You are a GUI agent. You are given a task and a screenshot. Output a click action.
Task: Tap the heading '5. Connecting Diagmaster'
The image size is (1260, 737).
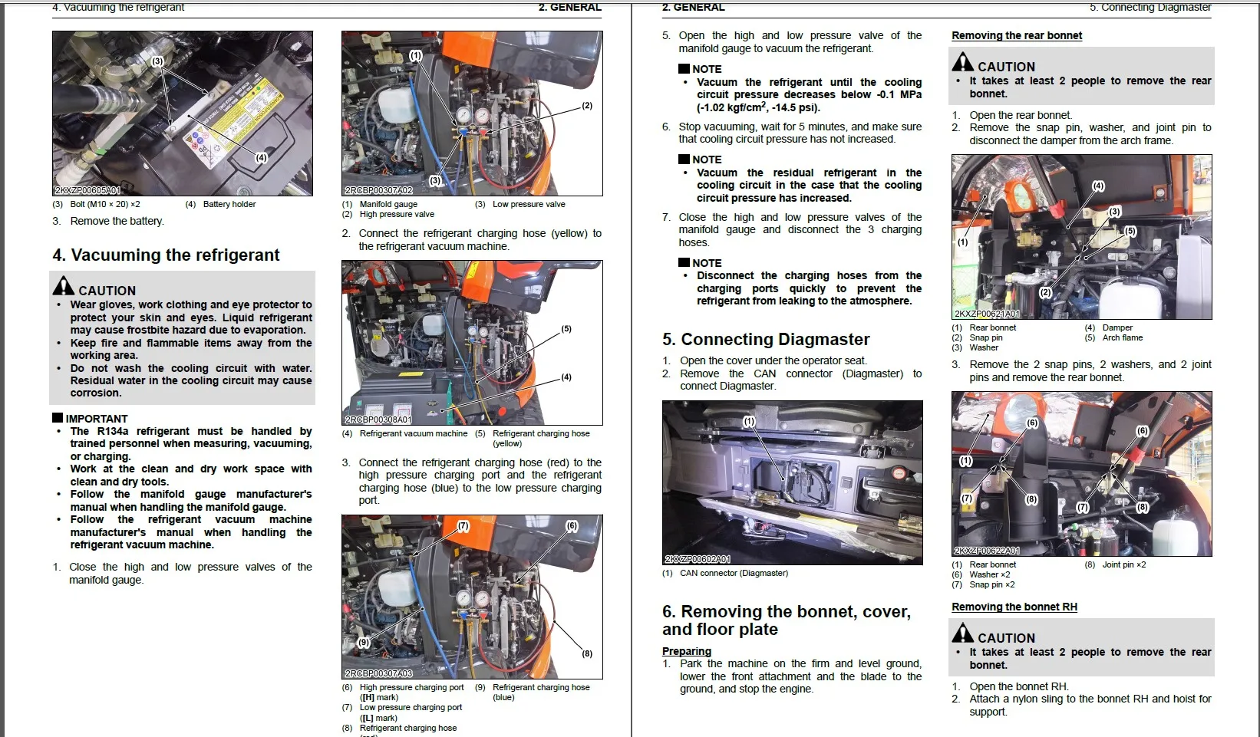pos(766,340)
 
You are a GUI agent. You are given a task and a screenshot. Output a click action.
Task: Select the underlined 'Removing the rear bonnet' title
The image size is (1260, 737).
pos(1017,35)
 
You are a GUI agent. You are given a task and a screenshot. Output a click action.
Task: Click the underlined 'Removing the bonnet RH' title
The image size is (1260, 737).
pos(1014,607)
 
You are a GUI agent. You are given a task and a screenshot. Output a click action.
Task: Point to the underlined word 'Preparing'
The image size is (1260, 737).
pos(687,651)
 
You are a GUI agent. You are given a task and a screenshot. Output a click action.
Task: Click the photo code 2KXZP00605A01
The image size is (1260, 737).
pos(87,190)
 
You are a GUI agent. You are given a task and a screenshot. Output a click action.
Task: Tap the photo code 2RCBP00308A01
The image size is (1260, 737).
pos(378,419)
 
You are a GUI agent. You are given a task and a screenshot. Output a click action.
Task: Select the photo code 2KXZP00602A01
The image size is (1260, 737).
pos(698,560)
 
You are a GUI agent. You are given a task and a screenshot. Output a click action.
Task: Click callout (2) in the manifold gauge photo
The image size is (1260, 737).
pos(587,106)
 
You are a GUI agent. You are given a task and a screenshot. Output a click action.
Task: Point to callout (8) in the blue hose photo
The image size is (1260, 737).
pos(587,653)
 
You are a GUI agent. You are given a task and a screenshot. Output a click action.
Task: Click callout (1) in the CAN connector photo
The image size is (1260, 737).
pos(749,421)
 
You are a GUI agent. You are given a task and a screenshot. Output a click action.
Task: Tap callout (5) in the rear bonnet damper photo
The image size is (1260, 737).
pos(1130,231)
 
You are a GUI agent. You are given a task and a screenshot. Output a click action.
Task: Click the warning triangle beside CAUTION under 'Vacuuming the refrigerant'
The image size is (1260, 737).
pos(64,286)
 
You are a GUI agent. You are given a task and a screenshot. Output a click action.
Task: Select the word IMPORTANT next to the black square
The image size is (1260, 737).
pos(97,419)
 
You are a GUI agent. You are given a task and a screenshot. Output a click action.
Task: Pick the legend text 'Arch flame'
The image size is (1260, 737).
pos(1123,337)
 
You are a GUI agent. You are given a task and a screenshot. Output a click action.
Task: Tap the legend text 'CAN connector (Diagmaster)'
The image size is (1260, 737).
pos(734,573)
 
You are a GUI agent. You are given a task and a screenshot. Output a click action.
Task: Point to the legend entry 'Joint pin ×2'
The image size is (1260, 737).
pos(1124,564)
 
